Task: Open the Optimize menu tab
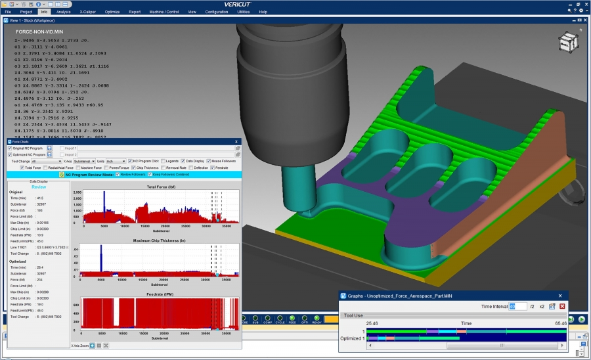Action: coord(112,12)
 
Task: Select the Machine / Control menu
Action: coord(164,12)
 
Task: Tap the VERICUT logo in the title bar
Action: coord(295,4)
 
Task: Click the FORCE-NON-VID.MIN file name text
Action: coord(39,31)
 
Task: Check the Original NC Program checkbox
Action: coord(10,148)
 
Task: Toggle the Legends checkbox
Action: coord(162,161)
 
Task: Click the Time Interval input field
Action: coord(517,306)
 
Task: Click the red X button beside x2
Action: coord(562,306)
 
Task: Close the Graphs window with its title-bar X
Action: coord(560,296)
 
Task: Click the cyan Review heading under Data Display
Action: coord(39,186)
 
